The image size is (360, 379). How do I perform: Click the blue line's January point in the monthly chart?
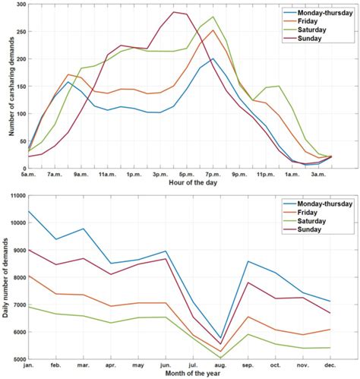point(29,211)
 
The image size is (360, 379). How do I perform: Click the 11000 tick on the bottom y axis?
point(16,196)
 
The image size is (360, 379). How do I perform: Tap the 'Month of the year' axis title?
point(180,374)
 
